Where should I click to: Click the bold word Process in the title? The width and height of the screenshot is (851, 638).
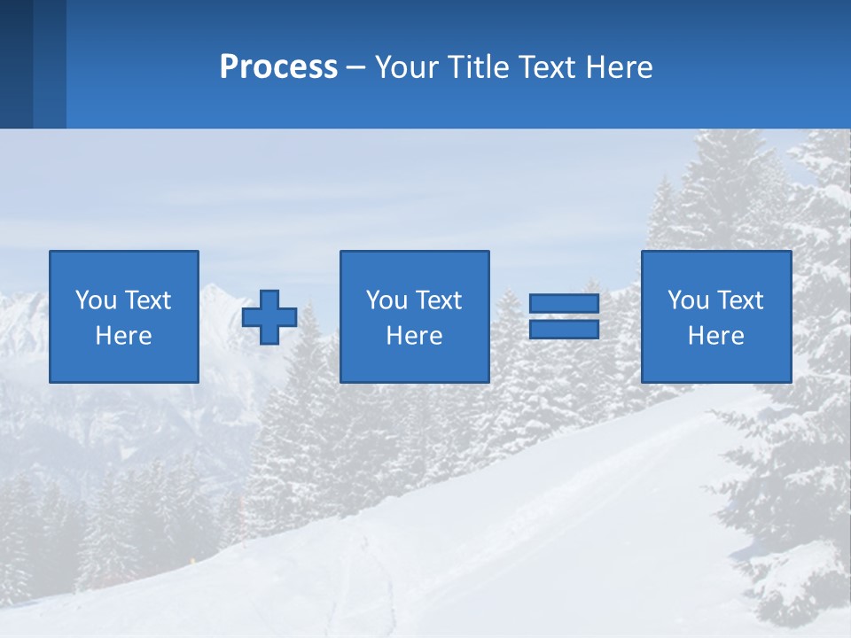278,67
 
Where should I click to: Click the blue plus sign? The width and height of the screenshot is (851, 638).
269,317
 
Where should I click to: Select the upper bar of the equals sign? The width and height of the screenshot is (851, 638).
564,304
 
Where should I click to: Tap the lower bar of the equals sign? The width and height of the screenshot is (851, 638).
564,330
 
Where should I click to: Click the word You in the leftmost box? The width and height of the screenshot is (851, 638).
96,300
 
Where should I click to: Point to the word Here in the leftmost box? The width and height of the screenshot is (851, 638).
124,336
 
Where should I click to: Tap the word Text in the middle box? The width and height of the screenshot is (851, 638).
439,300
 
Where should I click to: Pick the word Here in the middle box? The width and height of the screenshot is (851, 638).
415,336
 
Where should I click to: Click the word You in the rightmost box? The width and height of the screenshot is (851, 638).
688,300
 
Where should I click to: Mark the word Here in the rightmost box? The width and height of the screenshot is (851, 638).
716,336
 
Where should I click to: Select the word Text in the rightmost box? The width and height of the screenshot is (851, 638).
740,300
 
